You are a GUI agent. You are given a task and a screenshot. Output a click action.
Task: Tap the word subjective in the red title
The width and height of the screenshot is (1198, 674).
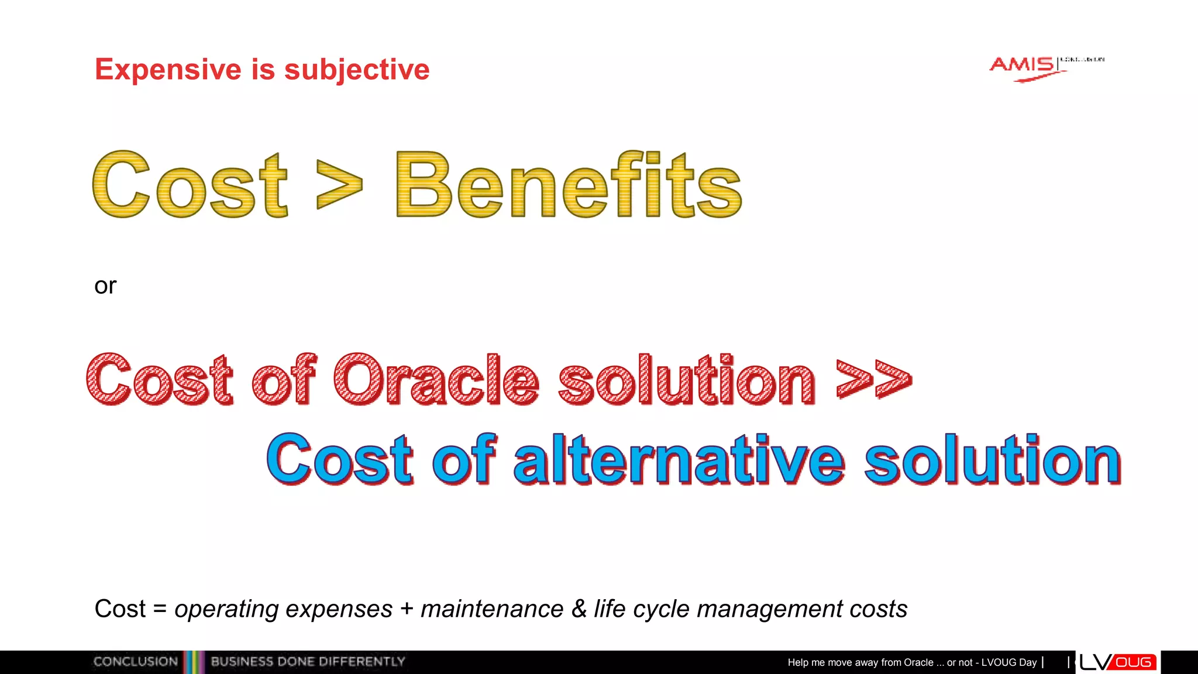click(357, 70)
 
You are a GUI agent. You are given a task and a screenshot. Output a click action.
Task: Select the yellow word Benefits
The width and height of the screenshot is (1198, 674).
click(569, 185)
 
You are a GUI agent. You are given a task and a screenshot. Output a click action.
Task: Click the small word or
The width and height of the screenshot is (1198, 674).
click(105, 286)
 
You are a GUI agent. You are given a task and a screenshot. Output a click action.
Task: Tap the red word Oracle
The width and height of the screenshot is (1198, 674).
click(436, 380)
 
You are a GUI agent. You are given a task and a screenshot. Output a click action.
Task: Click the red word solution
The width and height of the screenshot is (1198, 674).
click(686, 380)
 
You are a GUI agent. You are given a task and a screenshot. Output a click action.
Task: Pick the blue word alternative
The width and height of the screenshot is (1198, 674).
click(679, 460)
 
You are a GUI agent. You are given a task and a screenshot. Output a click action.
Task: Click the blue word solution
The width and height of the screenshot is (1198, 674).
click(993, 460)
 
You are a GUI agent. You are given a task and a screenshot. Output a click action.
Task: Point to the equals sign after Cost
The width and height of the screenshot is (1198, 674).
click(160, 609)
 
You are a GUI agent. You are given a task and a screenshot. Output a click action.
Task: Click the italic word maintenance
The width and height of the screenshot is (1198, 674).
click(492, 609)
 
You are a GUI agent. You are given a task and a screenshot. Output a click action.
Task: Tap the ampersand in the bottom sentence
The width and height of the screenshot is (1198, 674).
click(579, 609)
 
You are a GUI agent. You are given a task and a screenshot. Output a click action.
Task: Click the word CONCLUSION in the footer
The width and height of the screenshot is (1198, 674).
click(136, 662)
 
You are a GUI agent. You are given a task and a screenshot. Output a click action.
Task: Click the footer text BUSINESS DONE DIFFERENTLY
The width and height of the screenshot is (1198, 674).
click(308, 662)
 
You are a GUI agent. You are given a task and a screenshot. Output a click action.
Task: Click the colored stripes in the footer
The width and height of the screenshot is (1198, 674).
click(194, 662)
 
